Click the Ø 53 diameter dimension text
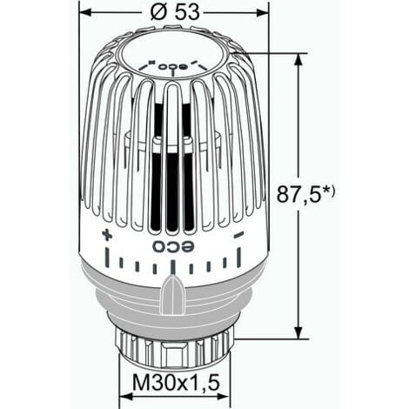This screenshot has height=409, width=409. [x=173, y=12]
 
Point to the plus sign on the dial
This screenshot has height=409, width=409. [x=107, y=235]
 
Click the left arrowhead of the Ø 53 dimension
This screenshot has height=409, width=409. [x=84, y=12]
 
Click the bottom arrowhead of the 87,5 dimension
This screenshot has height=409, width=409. [x=300, y=333]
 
